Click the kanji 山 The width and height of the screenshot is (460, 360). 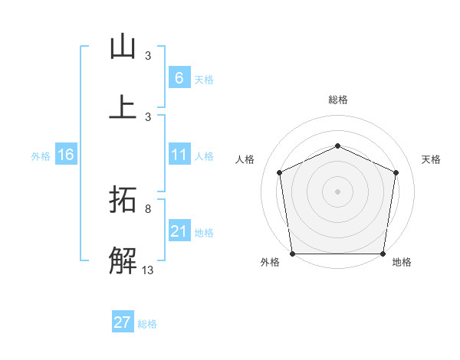point(123,47)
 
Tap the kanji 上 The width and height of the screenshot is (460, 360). point(123,107)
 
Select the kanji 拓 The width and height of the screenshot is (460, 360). point(123,201)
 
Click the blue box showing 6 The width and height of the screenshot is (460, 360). point(179,78)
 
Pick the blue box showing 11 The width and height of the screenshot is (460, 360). point(179,155)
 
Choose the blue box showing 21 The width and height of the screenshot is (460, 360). point(179,231)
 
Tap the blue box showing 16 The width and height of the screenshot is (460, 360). point(66,155)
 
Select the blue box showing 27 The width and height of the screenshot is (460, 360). point(123,322)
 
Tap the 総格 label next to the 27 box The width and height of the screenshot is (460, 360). point(147,324)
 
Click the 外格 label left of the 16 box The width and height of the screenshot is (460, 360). point(41,156)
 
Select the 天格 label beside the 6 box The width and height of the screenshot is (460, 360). point(204,80)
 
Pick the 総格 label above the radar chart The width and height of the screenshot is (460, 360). point(337,100)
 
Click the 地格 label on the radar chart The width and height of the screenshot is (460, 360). point(402,262)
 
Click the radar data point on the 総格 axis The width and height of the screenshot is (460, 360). point(337,146)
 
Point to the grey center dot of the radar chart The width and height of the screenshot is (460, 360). point(337,191)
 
